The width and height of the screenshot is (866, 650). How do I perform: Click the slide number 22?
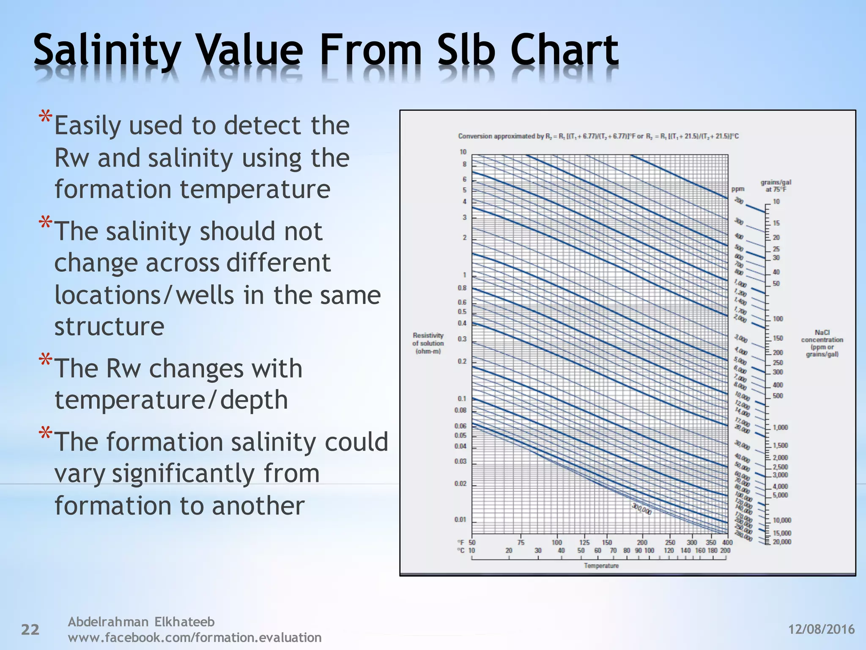pyautogui.click(x=30, y=630)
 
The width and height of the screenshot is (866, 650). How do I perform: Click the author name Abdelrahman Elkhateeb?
pyautogui.click(x=141, y=622)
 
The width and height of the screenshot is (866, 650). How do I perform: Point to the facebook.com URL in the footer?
pyautogui.click(x=195, y=637)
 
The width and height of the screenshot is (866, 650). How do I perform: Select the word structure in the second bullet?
pyautogui.click(x=109, y=326)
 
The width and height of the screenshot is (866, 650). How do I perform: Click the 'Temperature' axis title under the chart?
pyautogui.click(x=601, y=566)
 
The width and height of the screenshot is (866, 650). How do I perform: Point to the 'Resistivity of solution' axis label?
pyautogui.click(x=428, y=343)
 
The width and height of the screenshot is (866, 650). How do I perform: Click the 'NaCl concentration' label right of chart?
pyautogui.click(x=822, y=343)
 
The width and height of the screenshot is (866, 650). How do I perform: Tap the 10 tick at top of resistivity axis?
pyautogui.click(x=463, y=152)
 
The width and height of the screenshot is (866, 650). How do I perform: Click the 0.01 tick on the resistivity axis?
pyautogui.click(x=460, y=520)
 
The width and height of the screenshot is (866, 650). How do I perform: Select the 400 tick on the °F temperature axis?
pyautogui.click(x=727, y=543)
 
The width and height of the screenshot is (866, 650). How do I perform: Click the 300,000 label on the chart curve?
pyautogui.click(x=641, y=509)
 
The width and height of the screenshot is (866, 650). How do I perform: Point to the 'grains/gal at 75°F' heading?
pyautogui.click(x=776, y=186)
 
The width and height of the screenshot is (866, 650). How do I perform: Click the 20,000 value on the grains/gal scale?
pyautogui.click(x=782, y=542)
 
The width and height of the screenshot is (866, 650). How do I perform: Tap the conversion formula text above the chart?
pyautogui.click(x=598, y=136)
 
